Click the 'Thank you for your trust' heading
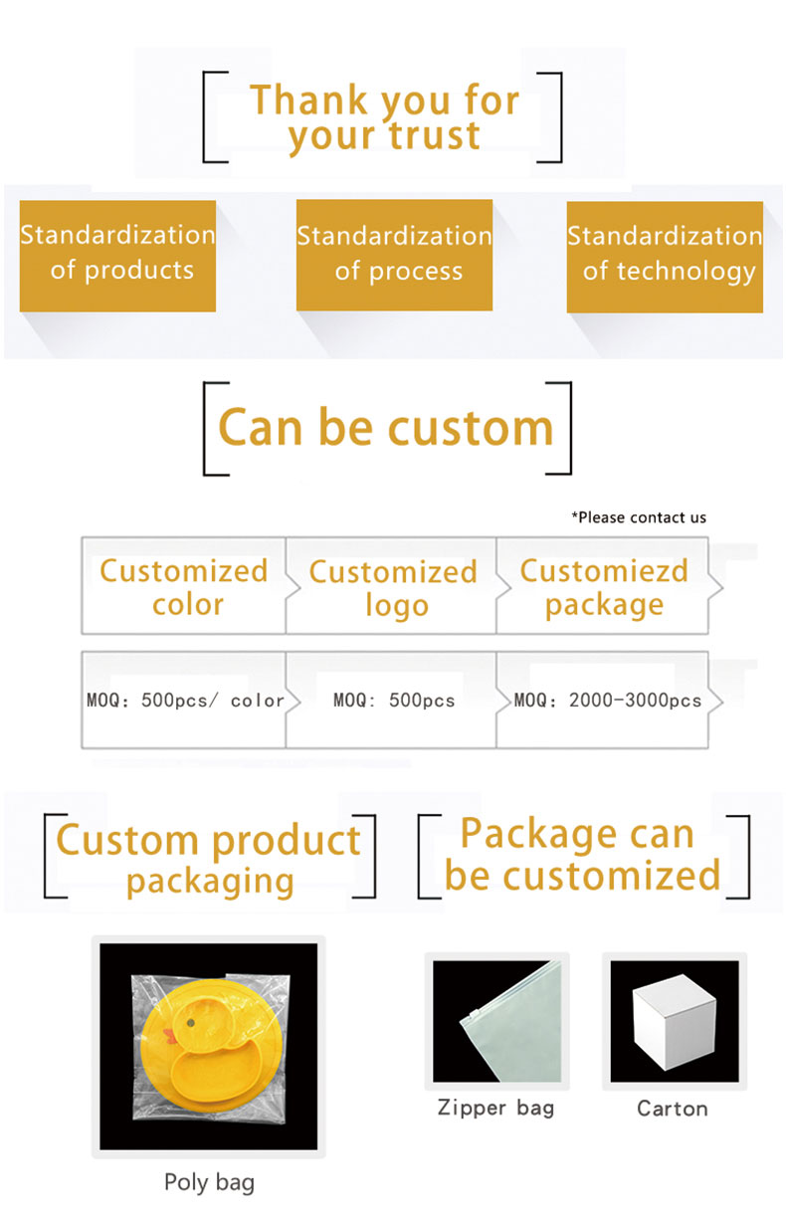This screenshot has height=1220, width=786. coord(385,116)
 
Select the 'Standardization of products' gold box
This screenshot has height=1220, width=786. coord(117,256)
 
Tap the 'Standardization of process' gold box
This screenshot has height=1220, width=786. coord(394,256)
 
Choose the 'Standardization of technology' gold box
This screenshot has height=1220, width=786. coord(665,257)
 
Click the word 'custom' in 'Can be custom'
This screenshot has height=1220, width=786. coord(471,428)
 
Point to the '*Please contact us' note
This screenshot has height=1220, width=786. coord(639,517)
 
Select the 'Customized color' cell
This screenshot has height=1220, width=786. coord(183,586)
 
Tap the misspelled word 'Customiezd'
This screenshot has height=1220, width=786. coord(604,571)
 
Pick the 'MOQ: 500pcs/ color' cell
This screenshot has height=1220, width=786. coord(183,700)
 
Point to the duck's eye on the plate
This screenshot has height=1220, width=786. coord(191,1023)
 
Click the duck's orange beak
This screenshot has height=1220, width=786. coord(171,1037)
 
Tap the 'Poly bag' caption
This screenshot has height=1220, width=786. coord(209,1183)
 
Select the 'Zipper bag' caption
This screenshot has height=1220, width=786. coord(495,1109)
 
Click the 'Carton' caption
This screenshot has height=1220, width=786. coord(673,1109)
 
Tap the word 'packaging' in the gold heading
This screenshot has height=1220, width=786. coord(210,883)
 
